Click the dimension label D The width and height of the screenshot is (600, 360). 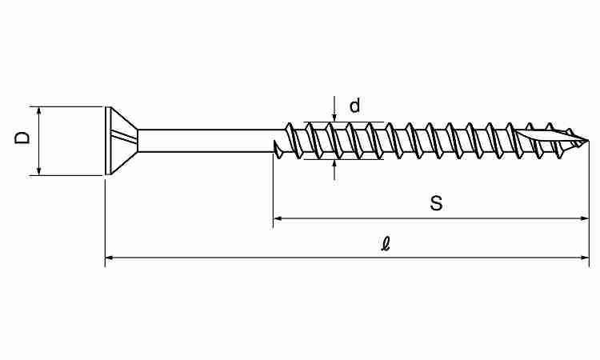click(x=22, y=138)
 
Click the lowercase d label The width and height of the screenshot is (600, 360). click(x=354, y=106)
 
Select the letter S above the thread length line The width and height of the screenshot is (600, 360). click(x=436, y=202)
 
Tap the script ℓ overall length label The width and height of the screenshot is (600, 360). click(x=386, y=243)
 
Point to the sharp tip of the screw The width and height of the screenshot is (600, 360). click(x=589, y=141)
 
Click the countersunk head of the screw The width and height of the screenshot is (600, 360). click(x=121, y=141)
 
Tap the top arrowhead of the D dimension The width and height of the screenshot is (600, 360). click(x=38, y=111)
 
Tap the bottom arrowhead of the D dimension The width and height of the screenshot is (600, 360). click(x=38, y=171)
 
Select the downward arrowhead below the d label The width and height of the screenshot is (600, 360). click(x=334, y=118)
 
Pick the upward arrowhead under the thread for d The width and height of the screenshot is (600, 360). click(x=334, y=164)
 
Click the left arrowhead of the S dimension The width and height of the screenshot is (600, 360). click(x=278, y=218)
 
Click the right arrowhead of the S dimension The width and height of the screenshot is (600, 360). click(x=584, y=218)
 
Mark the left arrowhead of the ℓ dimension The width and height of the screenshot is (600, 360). click(x=110, y=258)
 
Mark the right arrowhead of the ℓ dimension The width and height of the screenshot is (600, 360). click(x=585, y=258)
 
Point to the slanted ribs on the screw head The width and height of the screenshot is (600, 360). click(x=123, y=137)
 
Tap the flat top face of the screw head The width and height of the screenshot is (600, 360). click(x=108, y=141)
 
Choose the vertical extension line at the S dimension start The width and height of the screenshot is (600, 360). click(x=274, y=190)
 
